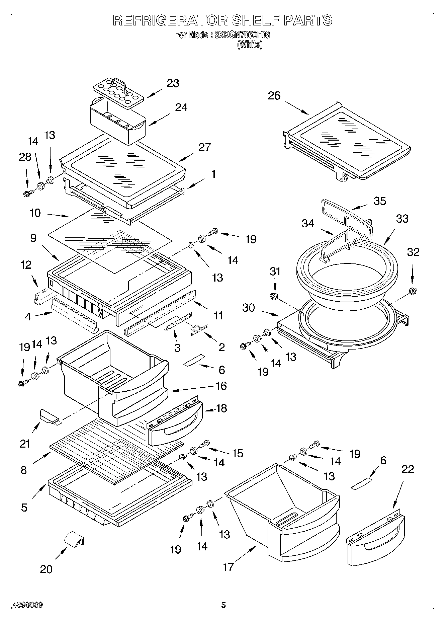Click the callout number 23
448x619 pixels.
(173, 83)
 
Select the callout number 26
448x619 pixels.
(274, 96)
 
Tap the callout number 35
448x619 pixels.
(380, 201)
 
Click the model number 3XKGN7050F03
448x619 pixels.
(242, 35)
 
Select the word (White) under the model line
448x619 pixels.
(250, 45)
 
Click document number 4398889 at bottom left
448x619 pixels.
(27, 605)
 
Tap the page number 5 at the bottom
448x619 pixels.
(223, 605)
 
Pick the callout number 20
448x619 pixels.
(46, 569)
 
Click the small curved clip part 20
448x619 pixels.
(74, 539)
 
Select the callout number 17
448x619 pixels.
(228, 567)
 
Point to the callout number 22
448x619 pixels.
(407, 469)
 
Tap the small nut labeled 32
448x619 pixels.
(412, 291)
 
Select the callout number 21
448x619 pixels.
(25, 444)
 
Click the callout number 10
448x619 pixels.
(35, 213)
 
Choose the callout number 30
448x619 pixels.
(248, 307)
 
